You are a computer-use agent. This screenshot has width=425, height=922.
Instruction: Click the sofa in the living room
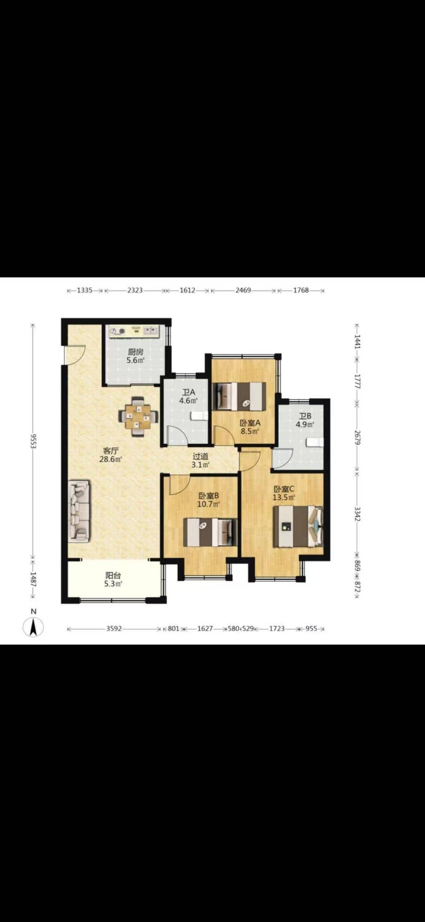(80, 510)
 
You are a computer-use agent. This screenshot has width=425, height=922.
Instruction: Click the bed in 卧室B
(211, 532)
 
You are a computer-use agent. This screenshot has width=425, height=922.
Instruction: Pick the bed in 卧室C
(298, 527)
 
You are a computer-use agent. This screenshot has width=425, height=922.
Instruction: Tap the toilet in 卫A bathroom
(199, 416)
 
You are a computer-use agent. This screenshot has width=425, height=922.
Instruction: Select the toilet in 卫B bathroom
(315, 443)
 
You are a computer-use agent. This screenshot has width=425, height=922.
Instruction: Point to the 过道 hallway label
(200, 457)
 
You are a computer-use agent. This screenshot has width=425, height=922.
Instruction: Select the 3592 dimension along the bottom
(114, 629)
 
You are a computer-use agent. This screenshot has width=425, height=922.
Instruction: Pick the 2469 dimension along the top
(243, 290)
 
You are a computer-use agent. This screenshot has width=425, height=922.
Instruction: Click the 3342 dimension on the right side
(357, 514)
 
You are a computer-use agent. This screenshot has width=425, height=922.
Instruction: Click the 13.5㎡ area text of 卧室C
(284, 497)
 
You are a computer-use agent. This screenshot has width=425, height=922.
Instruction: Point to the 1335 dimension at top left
(85, 290)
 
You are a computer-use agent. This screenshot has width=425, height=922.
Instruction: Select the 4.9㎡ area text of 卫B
(305, 424)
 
